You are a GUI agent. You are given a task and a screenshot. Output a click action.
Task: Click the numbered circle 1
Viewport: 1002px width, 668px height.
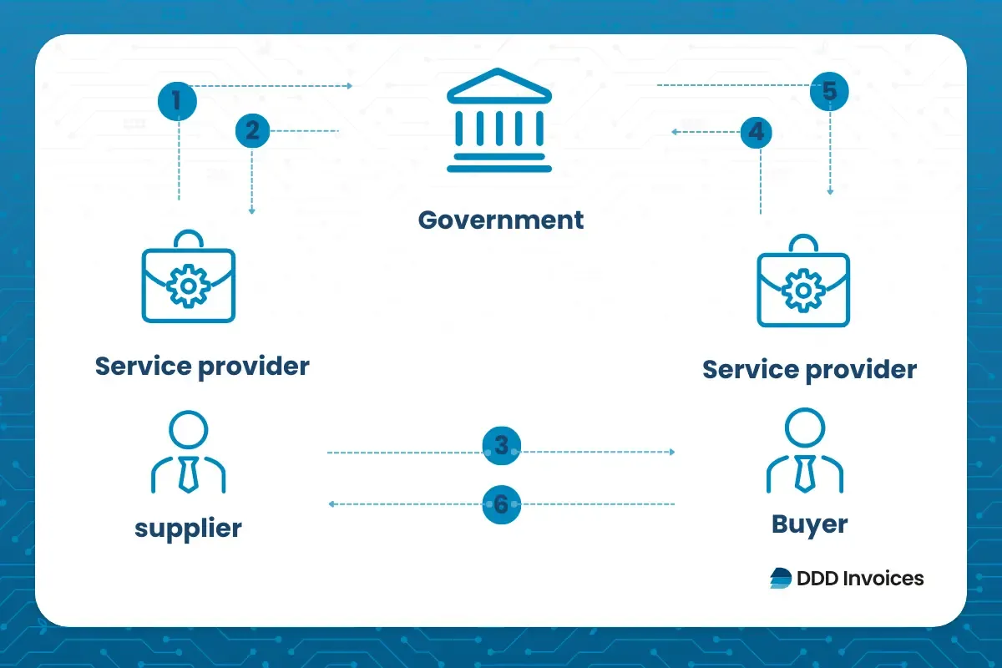click(177, 102)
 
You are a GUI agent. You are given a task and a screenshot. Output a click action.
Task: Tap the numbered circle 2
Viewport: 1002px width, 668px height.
click(252, 131)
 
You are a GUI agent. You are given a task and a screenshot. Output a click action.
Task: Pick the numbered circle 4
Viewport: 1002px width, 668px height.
click(755, 132)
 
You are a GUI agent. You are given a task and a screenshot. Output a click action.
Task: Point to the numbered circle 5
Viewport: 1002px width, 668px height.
click(829, 92)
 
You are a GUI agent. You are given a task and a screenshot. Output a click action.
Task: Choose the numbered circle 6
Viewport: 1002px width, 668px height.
click(501, 504)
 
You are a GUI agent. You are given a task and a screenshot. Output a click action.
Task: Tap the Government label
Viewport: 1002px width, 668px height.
click(501, 220)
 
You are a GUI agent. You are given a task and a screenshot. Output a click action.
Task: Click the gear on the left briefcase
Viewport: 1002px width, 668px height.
click(189, 286)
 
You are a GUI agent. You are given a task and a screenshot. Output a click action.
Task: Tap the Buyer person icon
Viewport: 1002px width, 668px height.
click(804, 451)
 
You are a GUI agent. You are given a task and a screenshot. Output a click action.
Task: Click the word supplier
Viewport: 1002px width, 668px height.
click(188, 528)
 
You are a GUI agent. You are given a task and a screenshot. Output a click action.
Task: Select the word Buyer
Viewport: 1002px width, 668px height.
click(809, 524)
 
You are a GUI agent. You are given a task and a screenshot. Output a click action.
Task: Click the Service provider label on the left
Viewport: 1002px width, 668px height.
click(202, 366)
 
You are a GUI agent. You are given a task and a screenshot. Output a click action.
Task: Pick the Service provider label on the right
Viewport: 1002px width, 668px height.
click(809, 369)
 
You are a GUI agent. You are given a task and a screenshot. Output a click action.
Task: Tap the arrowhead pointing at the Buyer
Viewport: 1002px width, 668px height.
click(671, 452)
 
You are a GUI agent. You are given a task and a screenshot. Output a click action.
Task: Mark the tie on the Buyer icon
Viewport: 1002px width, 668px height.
click(805, 473)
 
